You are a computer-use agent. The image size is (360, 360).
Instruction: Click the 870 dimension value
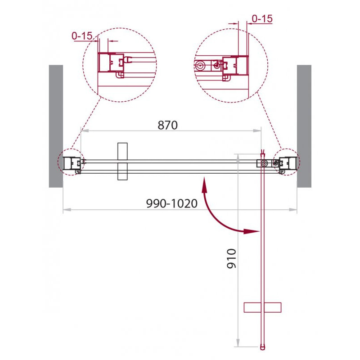167,125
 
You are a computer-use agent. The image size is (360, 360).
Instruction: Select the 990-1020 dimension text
172,203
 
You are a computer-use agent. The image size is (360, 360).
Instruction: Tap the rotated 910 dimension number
231,258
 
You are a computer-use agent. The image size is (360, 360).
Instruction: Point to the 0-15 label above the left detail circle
82,36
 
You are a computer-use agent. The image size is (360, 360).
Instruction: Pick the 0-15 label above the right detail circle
262,18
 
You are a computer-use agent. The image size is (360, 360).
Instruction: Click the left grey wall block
56,126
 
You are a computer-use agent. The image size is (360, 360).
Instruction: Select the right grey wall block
304,126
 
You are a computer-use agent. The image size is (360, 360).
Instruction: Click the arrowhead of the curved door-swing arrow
252,231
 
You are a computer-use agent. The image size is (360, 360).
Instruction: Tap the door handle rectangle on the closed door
122,162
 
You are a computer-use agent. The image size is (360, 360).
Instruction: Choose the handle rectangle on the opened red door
262,307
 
